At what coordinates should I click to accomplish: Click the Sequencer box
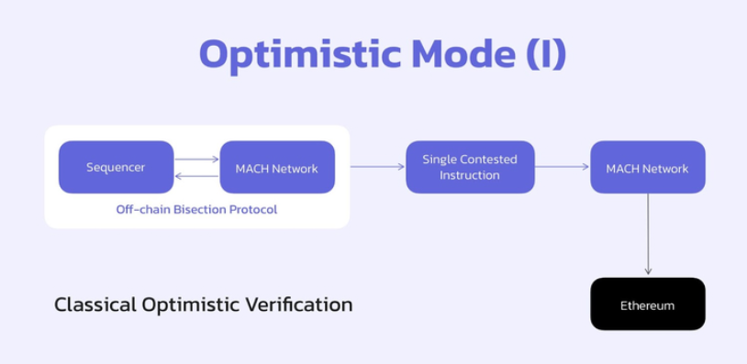tap(116, 167)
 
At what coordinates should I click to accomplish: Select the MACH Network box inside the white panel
tap(277, 167)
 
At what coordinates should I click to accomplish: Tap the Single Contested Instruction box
tap(470, 167)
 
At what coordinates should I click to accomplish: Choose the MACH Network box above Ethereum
tap(648, 167)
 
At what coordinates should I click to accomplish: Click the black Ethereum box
tap(648, 304)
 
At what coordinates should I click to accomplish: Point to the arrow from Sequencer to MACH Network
tap(196, 159)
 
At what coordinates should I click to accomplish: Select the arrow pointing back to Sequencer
tap(196, 177)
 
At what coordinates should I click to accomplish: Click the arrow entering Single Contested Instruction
tap(377, 167)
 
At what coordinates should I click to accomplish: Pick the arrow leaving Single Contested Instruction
tap(563, 167)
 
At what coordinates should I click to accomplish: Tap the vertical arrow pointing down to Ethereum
tap(648, 234)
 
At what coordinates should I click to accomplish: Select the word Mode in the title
tap(463, 54)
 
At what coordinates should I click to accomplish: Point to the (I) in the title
tap(546, 55)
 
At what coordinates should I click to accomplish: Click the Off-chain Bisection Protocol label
tap(196, 209)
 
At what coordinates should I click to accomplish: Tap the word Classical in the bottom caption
tap(95, 304)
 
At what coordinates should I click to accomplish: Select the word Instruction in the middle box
tap(470, 175)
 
